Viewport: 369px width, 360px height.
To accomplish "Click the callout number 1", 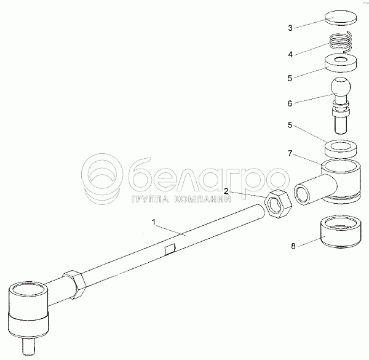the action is click(x=154, y=222).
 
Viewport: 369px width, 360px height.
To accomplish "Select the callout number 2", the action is click(x=226, y=191).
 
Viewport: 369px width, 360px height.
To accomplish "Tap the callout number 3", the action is click(x=290, y=28).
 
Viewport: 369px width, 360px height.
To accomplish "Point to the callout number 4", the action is click(x=290, y=54).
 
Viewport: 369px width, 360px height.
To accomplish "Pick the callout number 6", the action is click(x=290, y=103).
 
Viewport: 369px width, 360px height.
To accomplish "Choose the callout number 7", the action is click(x=290, y=153).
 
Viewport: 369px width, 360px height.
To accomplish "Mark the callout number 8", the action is click(x=293, y=246).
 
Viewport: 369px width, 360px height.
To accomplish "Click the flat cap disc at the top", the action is click(x=341, y=18).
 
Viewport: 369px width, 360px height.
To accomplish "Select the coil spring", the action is click(x=341, y=42).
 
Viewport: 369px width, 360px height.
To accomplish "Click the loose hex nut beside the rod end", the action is click(x=279, y=204).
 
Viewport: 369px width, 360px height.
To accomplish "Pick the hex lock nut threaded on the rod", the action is click(x=74, y=284).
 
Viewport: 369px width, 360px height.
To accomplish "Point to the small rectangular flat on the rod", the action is click(x=170, y=249).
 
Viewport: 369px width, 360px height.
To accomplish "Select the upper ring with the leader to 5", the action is click(x=341, y=63).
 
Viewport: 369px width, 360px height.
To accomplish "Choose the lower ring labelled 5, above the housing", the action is click(x=341, y=149).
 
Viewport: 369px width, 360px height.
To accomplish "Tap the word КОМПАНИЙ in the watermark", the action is click(x=202, y=199).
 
